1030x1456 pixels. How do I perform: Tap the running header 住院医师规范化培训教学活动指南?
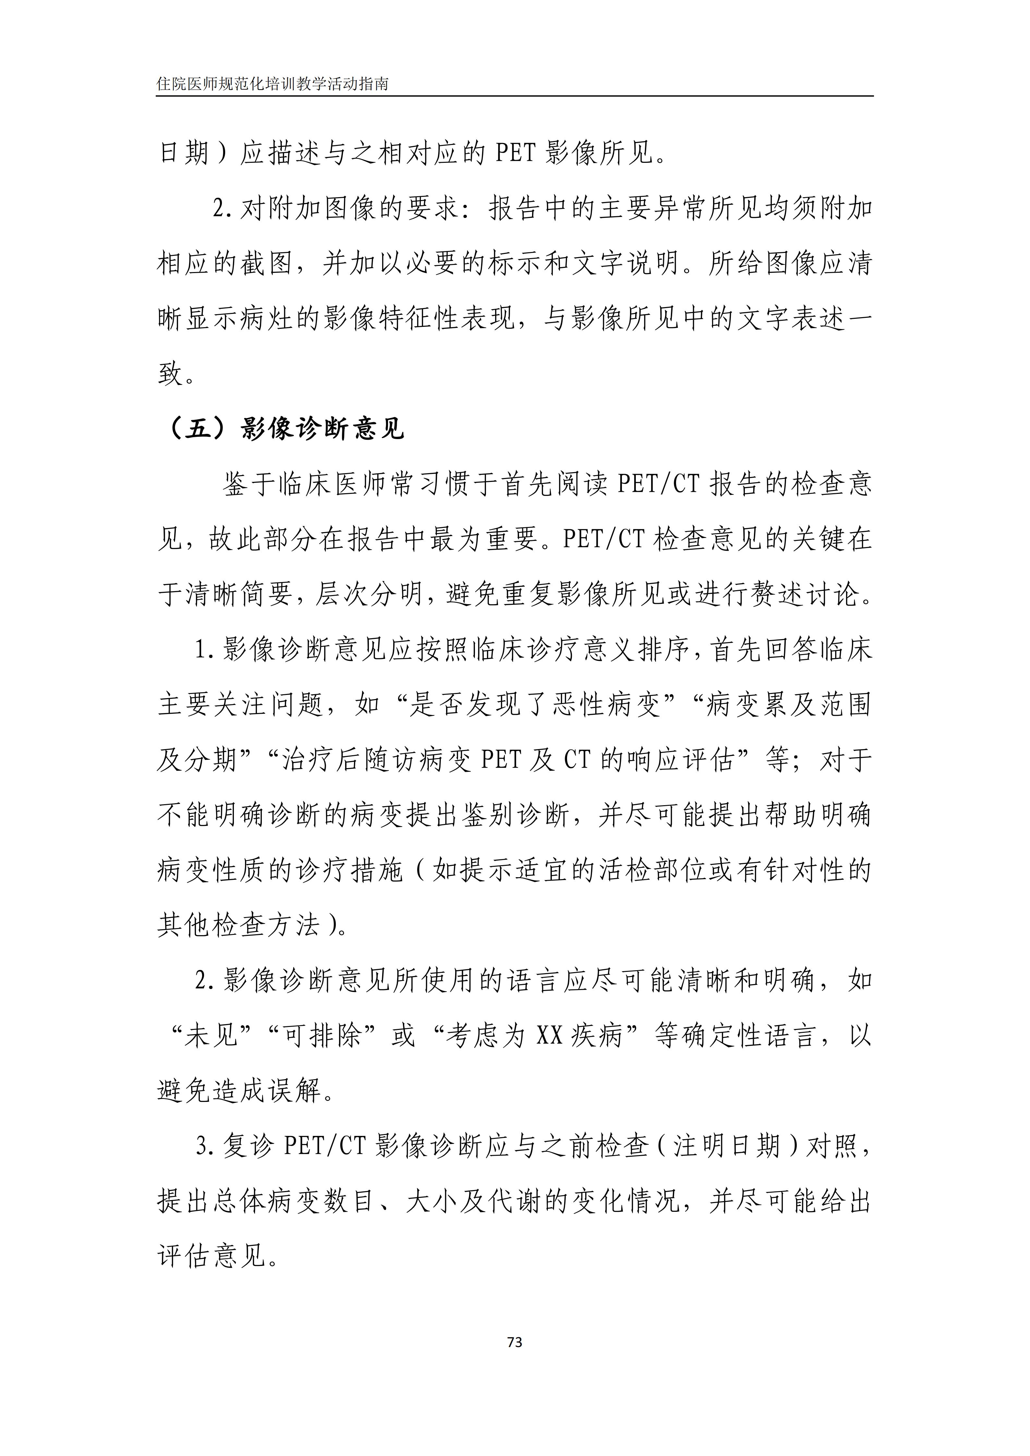tap(273, 84)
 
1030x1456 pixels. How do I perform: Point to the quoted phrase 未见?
tap(212, 1036)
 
